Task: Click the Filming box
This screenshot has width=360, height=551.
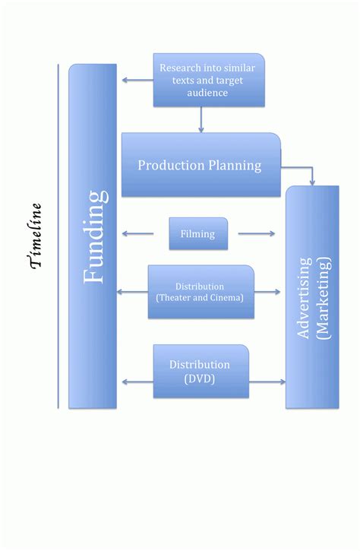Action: click(x=197, y=234)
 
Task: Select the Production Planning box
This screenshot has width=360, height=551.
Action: click(x=201, y=165)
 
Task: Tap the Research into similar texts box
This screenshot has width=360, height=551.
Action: click(x=209, y=80)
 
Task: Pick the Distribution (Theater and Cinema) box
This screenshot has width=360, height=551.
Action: click(x=201, y=292)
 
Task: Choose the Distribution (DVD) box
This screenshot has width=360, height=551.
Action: click(x=201, y=371)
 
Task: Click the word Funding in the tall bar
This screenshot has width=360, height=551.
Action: click(x=94, y=236)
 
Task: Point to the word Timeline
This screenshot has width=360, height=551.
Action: click(x=35, y=236)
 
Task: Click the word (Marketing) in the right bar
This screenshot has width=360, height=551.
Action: click(x=324, y=296)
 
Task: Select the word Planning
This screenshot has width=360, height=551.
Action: click(x=235, y=165)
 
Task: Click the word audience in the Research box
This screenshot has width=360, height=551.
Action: click(x=207, y=93)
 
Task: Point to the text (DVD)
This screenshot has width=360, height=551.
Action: click(x=200, y=378)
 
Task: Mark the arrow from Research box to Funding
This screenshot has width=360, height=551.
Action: click(x=137, y=80)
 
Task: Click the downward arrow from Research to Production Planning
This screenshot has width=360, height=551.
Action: click(x=201, y=120)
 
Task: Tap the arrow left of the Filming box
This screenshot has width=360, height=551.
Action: click(x=139, y=234)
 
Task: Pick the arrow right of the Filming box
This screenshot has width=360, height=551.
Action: click(x=256, y=234)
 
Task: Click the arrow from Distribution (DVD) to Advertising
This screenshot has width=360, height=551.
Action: click(x=267, y=382)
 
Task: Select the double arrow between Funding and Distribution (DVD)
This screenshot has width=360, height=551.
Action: click(x=137, y=382)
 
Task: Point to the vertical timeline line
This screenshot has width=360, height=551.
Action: click(x=58, y=236)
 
